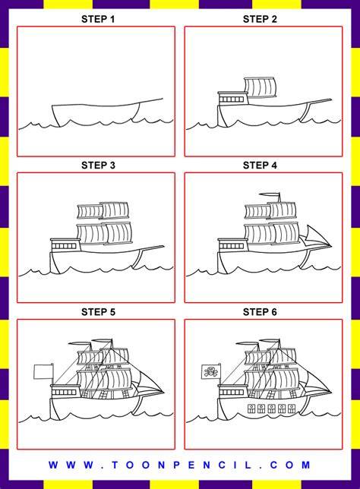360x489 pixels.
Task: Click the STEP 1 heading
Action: [x=98, y=19]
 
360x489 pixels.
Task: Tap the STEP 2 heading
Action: [x=260, y=19]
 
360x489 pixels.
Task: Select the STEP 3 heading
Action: [x=98, y=166]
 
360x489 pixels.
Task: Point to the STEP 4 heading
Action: [x=260, y=166]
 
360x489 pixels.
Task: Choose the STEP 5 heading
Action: [x=98, y=312]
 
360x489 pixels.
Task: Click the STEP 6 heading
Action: [x=260, y=312]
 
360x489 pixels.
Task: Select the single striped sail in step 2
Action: [x=261, y=87]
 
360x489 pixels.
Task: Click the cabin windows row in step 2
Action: [x=231, y=99]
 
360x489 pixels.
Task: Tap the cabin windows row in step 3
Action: [x=64, y=246]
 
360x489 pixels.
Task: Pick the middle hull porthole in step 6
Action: [x=271, y=409]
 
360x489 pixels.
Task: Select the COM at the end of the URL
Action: [x=290, y=465]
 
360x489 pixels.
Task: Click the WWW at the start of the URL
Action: [x=71, y=465]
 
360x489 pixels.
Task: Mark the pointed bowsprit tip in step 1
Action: [x=163, y=99]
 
